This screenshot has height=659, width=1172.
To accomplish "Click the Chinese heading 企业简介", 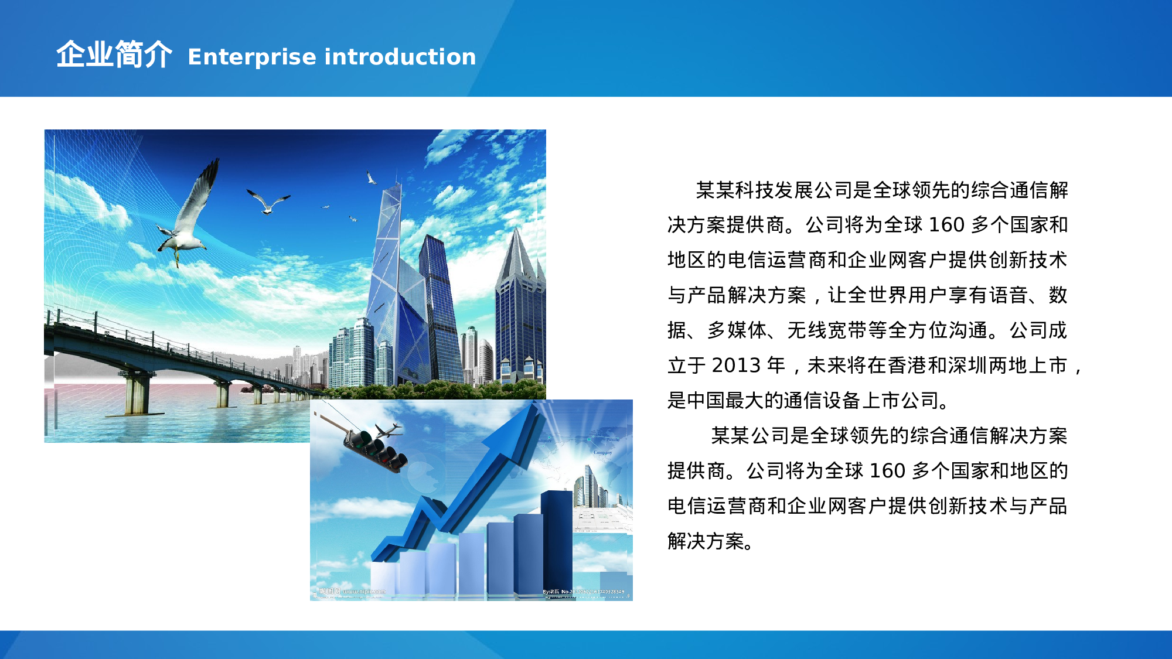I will pos(114,55).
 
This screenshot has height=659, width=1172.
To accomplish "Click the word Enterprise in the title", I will pos(252,57).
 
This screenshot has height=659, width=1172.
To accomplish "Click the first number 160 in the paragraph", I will pos(946,225).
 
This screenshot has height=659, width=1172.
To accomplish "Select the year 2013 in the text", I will pos(735,366).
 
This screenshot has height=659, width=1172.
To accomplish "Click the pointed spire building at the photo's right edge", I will pos(519,305).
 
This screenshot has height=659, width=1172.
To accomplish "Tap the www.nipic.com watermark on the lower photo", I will pos(363,592).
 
